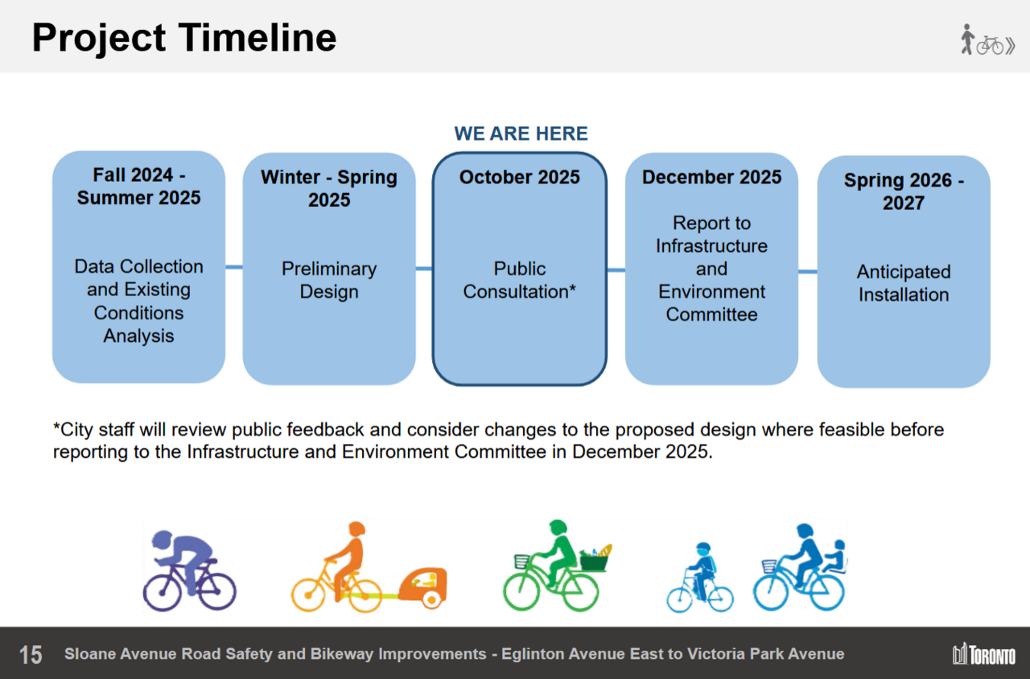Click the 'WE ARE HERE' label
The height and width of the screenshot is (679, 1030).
pyautogui.click(x=521, y=134)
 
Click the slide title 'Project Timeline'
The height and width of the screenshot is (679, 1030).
pyautogui.click(x=183, y=38)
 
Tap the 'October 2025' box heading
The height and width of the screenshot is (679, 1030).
pyautogui.click(x=519, y=178)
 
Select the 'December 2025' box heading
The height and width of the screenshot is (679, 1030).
pyautogui.click(x=711, y=178)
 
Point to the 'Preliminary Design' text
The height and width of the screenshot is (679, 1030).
pyautogui.click(x=328, y=280)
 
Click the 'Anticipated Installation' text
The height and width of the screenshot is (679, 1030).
pyautogui.click(x=903, y=283)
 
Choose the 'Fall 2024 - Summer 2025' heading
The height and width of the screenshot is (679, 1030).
pyautogui.click(x=138, y=187)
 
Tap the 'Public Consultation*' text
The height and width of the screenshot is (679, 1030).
pyautogui.click(x=519, y=280)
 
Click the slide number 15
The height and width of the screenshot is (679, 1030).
pyautogui.click(x=31, y=654)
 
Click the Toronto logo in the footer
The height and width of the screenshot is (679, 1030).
pyautogui.click(x=983, y=654)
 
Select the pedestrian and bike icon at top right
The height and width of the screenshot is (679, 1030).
pyautogui.click(x=987, y=40)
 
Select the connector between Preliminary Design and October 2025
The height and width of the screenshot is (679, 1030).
pyautogui.click(x=424, y=269)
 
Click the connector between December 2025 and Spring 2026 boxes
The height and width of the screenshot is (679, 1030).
pyautogui.click(x=808, y=271)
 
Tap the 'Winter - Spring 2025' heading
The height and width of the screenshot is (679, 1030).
pyautogui.click(x=328, y=188)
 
